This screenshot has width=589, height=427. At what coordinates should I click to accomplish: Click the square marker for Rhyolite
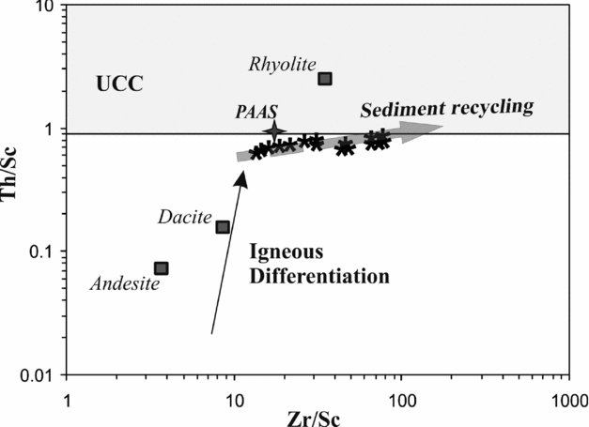coord(325,79)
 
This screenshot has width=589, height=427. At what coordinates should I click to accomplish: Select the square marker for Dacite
coord(223,227)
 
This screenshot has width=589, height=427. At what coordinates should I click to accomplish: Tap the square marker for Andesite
coord(162,268)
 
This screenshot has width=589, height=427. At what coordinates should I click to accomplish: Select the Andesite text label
coord(124,282)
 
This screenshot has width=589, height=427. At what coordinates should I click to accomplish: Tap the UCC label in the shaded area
coord(118,84)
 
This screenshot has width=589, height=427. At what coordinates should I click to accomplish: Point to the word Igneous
coord(286,252)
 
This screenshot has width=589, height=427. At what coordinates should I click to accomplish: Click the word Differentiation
coord(318,277)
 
